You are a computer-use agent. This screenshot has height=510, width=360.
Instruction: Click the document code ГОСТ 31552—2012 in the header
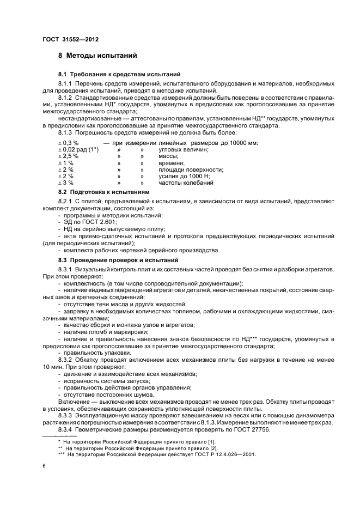[x=71, y=39]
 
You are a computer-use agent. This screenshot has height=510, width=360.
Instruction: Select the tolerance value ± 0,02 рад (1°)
[x=78, y=149]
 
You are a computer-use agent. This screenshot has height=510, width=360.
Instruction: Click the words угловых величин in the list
[x=184, y=149]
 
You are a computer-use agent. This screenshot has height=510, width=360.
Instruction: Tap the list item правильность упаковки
[x=90, y=353]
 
